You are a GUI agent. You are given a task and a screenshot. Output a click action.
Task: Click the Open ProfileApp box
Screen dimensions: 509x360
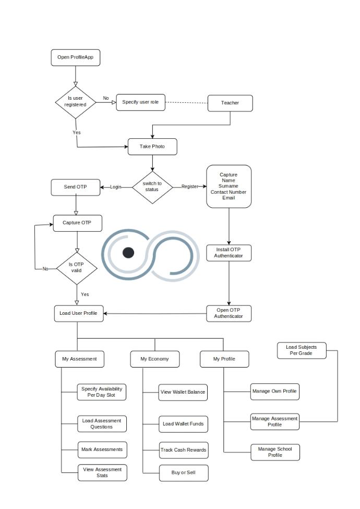(x=76, y=57)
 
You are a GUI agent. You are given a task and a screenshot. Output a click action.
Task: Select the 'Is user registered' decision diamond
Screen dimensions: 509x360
(x=76, y=101)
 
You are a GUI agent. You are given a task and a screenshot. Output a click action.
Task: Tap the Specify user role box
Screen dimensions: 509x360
(x=140, y=102)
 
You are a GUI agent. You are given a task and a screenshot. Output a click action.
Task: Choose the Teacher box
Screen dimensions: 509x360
(x=230, y=103)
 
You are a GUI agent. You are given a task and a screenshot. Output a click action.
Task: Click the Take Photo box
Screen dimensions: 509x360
(x=152, y=147)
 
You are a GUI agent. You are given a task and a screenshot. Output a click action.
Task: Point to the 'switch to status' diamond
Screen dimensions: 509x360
(x=152, y=186)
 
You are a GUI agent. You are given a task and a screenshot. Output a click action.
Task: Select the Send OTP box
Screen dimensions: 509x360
(x=76, y=187)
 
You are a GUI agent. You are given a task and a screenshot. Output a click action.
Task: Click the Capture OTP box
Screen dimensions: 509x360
(x=78, y=223)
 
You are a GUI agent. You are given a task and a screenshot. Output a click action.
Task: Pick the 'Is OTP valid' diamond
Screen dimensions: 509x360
(x=77, y=267)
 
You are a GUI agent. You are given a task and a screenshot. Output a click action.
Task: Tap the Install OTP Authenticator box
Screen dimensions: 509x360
(x=229, y=253)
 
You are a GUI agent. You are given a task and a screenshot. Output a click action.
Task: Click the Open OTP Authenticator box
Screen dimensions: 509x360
(x=229, y=313)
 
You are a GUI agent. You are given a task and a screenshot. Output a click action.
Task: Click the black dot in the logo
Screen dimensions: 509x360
(x=128, y=253)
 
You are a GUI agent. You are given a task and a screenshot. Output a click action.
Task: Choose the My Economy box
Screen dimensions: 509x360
(x=154, y=359)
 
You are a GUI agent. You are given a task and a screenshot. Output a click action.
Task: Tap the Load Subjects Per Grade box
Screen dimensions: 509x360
(x=301, y=350)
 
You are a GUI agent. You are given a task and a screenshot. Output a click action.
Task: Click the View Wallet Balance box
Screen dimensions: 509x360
(x=183, y=393)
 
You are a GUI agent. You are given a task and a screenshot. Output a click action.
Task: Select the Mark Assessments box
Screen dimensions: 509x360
(x=102, y=449)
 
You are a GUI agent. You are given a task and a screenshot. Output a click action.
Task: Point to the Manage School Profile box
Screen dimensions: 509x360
(x=275, y=452)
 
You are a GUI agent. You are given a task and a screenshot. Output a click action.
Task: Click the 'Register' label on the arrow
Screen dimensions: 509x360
(x=189, y=187)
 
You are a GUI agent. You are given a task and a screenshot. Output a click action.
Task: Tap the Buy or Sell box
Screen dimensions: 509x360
(x=183, y=472)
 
